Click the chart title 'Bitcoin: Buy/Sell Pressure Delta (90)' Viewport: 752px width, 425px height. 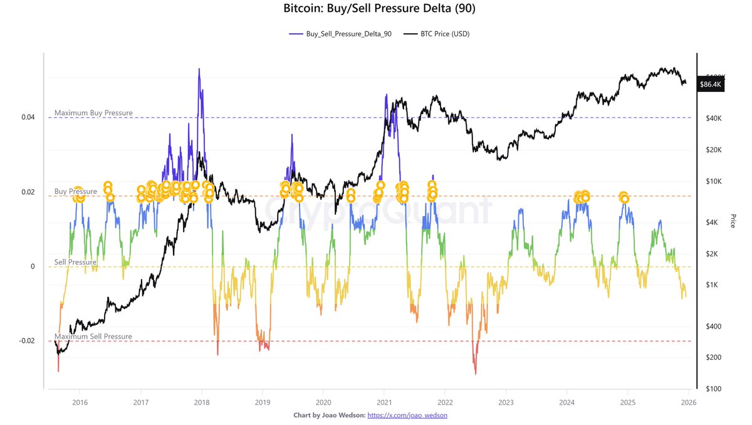tap(376, 9)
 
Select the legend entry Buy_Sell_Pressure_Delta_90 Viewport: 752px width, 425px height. tap(343, 34)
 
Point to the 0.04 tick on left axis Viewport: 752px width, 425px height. tap(28, 117)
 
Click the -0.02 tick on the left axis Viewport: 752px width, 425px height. tap(26, 341)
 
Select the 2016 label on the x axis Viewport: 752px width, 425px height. tap(80, 402)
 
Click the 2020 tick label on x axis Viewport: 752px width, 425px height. tap(323, 402)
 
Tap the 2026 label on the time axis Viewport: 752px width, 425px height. tap(688, 402)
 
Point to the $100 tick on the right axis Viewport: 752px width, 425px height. tap(711, 389)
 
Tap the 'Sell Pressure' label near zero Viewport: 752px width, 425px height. tap(75, 262)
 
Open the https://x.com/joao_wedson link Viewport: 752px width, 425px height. tap(407, 415)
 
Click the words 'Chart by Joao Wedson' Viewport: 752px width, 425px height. tap(328, 415)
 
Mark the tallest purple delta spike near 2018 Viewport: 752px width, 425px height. tap(199, 69)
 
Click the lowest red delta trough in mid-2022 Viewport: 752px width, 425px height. tap(476, 374)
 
